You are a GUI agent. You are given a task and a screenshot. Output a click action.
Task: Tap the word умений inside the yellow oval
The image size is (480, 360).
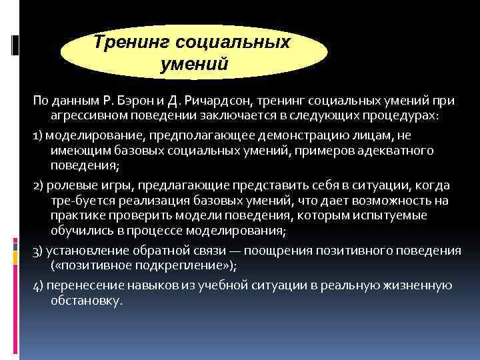(x=195, y=65)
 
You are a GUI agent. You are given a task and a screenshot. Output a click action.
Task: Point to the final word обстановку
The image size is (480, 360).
(x=86, y=301)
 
